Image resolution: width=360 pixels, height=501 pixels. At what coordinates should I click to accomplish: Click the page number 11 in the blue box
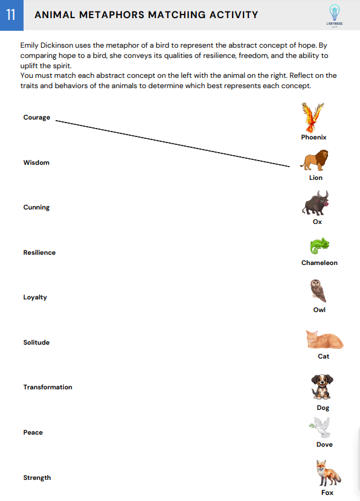(11, 15)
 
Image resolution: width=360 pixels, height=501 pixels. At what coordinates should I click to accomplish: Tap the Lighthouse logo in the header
(334, 15)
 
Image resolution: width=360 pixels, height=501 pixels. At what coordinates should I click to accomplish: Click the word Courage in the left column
(37, 117)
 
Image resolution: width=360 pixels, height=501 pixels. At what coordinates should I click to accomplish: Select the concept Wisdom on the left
(36, 162)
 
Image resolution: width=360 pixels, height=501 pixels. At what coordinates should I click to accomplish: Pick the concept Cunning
(36, 207)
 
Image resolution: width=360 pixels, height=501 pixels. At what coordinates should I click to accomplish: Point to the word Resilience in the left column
(39, 252)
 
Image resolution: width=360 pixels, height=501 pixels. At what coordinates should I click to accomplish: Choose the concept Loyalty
(35, 297)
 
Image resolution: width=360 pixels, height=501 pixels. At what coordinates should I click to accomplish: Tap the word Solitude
(36, 342)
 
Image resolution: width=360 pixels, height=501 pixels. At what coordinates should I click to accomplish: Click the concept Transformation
(48, 387)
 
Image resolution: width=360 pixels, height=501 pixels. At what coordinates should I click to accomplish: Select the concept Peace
(33, 432)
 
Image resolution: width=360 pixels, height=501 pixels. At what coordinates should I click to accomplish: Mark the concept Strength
(37, 477)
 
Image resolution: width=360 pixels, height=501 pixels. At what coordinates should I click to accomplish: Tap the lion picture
(315, 161)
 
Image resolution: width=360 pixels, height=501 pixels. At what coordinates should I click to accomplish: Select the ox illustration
(315, 203)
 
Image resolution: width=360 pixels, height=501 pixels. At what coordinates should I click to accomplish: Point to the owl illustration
(318, 290)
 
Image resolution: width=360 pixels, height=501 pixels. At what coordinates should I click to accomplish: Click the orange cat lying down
(324, 339)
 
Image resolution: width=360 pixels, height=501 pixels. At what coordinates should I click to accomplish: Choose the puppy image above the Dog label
(323, 387)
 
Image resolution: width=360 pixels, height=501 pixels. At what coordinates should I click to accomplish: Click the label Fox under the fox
(327, 493)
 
